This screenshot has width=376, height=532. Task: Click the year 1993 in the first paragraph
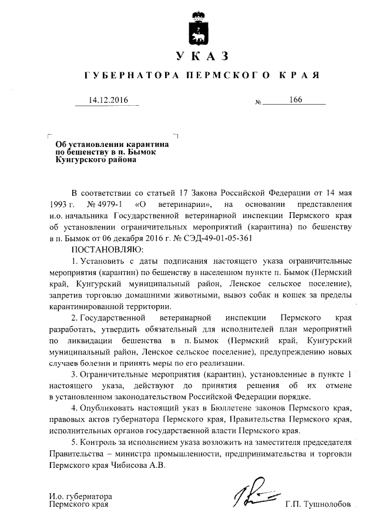(61, 205)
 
